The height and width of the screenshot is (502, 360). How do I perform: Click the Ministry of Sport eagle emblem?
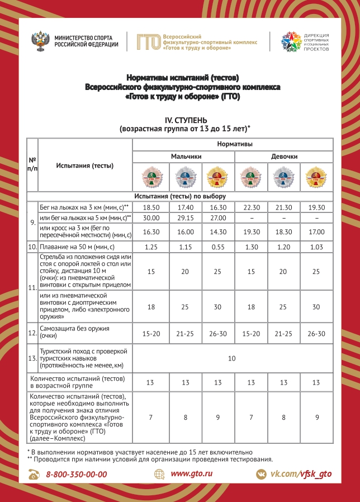43,41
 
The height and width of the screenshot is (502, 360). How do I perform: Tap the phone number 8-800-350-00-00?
77,474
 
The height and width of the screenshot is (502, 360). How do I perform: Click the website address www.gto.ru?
192,473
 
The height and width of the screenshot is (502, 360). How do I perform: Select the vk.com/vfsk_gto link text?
301,474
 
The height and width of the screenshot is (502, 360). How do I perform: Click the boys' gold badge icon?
218,178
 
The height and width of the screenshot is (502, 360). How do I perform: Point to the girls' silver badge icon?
284,178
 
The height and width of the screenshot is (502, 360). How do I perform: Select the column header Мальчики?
186,157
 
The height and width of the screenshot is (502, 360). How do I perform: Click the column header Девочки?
284,157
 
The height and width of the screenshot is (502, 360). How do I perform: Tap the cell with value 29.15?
185,217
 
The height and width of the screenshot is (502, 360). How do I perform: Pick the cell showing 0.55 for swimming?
218,247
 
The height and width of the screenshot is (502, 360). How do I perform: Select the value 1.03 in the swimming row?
316,247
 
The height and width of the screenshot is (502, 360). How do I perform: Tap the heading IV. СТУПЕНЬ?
184,120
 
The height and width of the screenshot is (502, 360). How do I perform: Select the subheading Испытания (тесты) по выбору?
179,197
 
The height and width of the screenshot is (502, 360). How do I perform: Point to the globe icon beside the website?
160,474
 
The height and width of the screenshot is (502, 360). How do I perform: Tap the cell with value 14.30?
218,232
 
